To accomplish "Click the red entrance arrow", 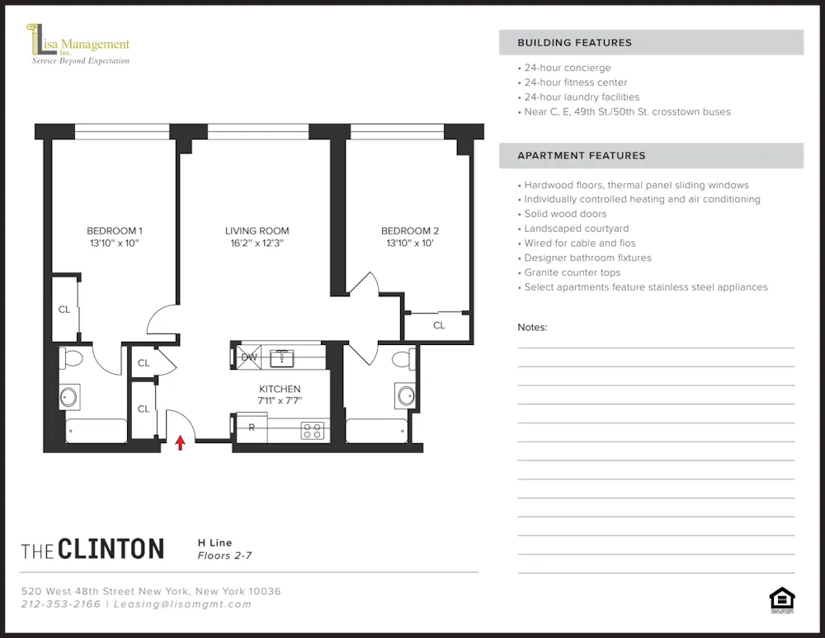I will click(x=180, y=443).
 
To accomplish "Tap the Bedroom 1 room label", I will click(x=115, y=231).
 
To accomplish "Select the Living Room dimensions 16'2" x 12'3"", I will click(x=257, y=244).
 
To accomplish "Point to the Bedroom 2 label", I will click(x=409, y=231).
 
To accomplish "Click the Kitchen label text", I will click(x=280, y=389).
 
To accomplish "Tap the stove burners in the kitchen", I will click(x=312, y=430).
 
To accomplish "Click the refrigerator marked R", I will click(x=252, y=428).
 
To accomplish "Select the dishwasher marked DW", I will click(x=248, y=357).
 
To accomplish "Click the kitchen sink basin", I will click(x=282, y=357).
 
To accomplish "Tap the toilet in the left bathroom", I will click(x=72, y=359).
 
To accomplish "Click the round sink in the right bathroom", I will click(x=406, y=395).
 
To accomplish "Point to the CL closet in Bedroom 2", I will click(x=438, y=325).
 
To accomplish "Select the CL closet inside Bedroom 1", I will click(x=64, y=310).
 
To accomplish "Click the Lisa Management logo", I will click(x=79, y=45).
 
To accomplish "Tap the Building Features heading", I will click(x=574, y=43).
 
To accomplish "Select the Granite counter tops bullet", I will click(x=572, y=272).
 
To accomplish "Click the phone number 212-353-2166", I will click(x=60, y=604).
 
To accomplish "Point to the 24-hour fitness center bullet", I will click(x=575, y=83).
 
